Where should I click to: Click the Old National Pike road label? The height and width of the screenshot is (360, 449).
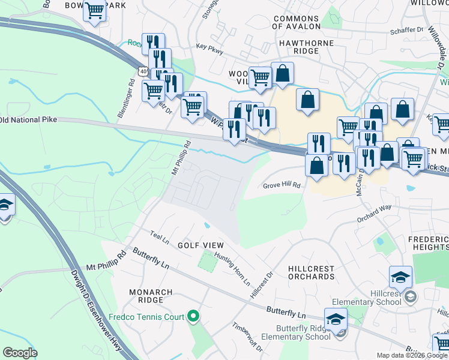29,120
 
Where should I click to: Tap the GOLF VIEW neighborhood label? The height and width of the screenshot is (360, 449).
200,245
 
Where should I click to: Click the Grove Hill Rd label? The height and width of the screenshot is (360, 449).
281,186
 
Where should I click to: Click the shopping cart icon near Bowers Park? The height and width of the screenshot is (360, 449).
95,11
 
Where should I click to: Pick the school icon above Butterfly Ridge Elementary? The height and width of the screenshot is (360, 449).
336,319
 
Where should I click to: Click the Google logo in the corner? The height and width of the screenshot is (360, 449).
20,353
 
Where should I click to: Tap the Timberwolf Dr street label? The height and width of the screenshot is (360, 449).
247,337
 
